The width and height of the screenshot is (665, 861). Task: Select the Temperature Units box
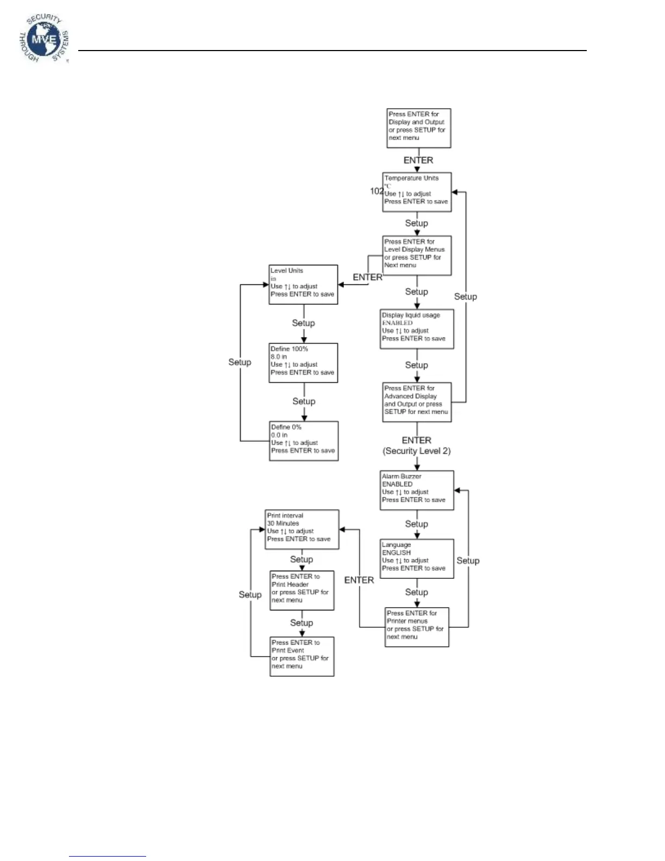coord(417,192)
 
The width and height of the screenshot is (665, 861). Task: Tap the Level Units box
coord(303,284)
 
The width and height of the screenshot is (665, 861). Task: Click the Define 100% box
coord(303,363)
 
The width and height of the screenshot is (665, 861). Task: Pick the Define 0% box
coord(304,441)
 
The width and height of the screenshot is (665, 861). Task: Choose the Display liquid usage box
coord(417,329)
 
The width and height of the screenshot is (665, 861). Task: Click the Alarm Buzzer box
coord(417,490)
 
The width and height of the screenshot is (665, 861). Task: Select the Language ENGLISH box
coord(417,559)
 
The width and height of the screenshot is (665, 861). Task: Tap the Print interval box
coord(302,529)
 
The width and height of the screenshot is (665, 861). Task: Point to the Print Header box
coord(302,590)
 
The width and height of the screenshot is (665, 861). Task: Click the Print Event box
coord(302,657)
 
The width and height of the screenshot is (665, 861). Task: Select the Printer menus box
coord(417,627)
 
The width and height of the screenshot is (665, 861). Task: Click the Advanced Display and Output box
coord(417,402)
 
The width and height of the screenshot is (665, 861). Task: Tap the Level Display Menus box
coord(417,255)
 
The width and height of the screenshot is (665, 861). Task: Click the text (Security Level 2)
coord(417,451)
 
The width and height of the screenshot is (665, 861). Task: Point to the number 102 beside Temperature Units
coord(377,191)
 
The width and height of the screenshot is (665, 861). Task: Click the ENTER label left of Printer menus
coord(359,580)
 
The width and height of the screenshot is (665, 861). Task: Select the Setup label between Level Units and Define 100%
coord(303,323)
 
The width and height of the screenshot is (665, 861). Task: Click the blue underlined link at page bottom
coord(108,856)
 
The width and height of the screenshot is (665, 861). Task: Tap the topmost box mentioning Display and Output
coord(418,128)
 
